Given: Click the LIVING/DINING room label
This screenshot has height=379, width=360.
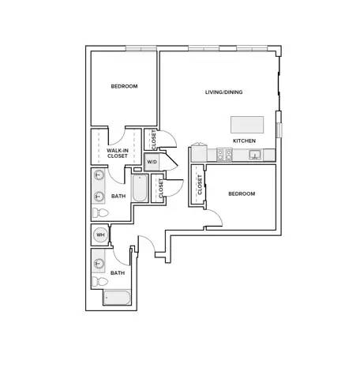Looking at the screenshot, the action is (223, 92).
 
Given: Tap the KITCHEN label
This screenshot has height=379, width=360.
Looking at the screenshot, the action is (244, 141).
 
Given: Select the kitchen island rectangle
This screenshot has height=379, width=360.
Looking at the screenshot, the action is (247, 125).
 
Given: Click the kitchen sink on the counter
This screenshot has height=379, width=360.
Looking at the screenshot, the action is (255, 155).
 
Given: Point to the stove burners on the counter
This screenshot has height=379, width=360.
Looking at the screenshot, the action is (224, 155).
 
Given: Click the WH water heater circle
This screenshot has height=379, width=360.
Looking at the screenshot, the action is (100, 235).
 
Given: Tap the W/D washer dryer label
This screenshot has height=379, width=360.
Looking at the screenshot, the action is (152, 162).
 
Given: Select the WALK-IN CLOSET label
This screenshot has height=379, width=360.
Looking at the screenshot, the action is (118, 153).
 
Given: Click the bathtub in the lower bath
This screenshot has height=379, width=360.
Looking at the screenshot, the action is (117, 298).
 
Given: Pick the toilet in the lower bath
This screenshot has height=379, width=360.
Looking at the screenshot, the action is (100, 282).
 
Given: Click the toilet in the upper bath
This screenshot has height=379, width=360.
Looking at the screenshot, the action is (100, 212).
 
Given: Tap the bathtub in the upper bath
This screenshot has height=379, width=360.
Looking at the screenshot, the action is (140, 188).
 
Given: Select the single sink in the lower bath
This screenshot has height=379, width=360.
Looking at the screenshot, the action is (99, 262).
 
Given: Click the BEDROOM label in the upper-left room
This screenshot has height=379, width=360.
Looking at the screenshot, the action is (124, 86).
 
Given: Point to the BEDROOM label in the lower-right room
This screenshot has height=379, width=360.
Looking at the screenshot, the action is (242, 194).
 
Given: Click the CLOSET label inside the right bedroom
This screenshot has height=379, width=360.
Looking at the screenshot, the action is (200, 185).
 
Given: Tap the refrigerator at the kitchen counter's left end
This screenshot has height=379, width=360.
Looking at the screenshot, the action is (199, 152).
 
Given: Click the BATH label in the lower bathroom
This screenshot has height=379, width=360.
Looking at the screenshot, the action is (118, 273).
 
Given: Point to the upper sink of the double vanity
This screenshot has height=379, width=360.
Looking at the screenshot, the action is (99, 174).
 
